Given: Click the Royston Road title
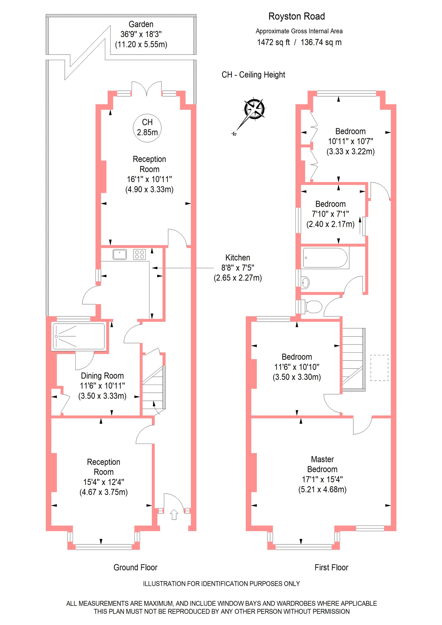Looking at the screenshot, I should tap(296, 16).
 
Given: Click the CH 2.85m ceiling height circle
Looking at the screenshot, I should tap(147, 127).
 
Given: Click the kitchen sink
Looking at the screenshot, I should tap(120, 255).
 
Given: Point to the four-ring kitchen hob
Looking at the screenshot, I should tap(139, 255).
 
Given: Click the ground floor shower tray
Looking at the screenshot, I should tap(79, 336).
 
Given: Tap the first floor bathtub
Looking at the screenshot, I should tap(325, 258).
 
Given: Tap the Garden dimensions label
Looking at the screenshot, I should tap(141, 34).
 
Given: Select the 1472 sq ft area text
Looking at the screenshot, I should tap(273, 42).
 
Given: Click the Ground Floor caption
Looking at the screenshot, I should tap(135, 568).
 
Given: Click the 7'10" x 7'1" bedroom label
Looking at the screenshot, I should tap(330, 214).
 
